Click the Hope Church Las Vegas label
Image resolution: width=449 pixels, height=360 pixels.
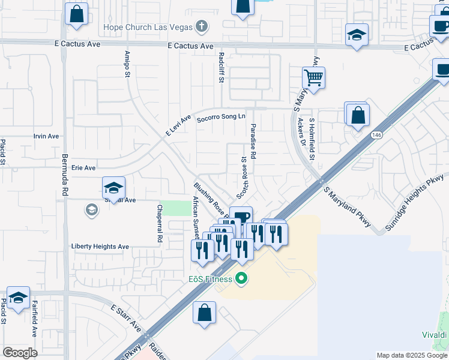[x=147, y=27]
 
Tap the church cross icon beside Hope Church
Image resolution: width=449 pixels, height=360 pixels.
[x=202, y=26]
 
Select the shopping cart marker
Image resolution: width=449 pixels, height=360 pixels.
[x=313, y=77]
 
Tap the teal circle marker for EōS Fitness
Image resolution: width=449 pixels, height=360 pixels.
[x=242, y=278]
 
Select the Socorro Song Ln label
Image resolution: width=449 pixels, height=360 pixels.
[x=221, y=118]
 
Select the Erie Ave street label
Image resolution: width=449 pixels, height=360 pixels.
[x=83, y=168]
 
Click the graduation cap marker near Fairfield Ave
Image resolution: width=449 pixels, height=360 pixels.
[x=18, y=298]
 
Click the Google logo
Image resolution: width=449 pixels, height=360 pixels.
[x=20, y=353]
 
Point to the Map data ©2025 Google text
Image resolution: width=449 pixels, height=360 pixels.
[x=412, y=355]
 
